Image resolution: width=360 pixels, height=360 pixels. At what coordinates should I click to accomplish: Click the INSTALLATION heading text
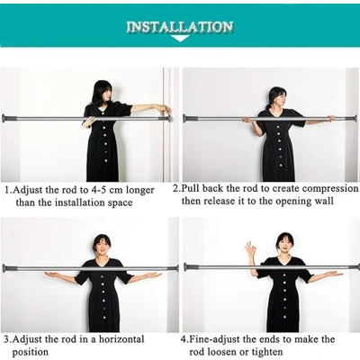180,27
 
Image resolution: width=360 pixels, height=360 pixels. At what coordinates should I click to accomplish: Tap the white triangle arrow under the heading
180,39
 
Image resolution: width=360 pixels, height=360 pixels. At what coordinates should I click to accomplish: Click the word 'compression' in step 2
330,189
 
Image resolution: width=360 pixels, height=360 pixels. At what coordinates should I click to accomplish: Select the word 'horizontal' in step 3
121,339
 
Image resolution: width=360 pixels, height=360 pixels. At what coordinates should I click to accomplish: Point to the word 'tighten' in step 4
267,352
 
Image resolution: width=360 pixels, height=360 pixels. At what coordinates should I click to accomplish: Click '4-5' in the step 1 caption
97,190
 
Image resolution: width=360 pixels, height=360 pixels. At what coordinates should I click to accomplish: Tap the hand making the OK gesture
250,249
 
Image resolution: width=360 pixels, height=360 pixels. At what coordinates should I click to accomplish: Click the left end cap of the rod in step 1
4,118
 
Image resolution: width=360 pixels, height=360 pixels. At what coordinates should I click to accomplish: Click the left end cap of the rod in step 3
4,268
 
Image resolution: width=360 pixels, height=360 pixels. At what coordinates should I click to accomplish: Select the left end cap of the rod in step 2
185,118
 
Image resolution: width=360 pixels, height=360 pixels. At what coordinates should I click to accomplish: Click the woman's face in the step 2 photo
280,101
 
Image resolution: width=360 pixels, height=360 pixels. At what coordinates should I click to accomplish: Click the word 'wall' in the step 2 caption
324,201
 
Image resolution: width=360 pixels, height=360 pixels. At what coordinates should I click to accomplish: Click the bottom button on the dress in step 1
105,160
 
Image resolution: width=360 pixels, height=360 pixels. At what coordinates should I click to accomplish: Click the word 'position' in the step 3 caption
30,352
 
